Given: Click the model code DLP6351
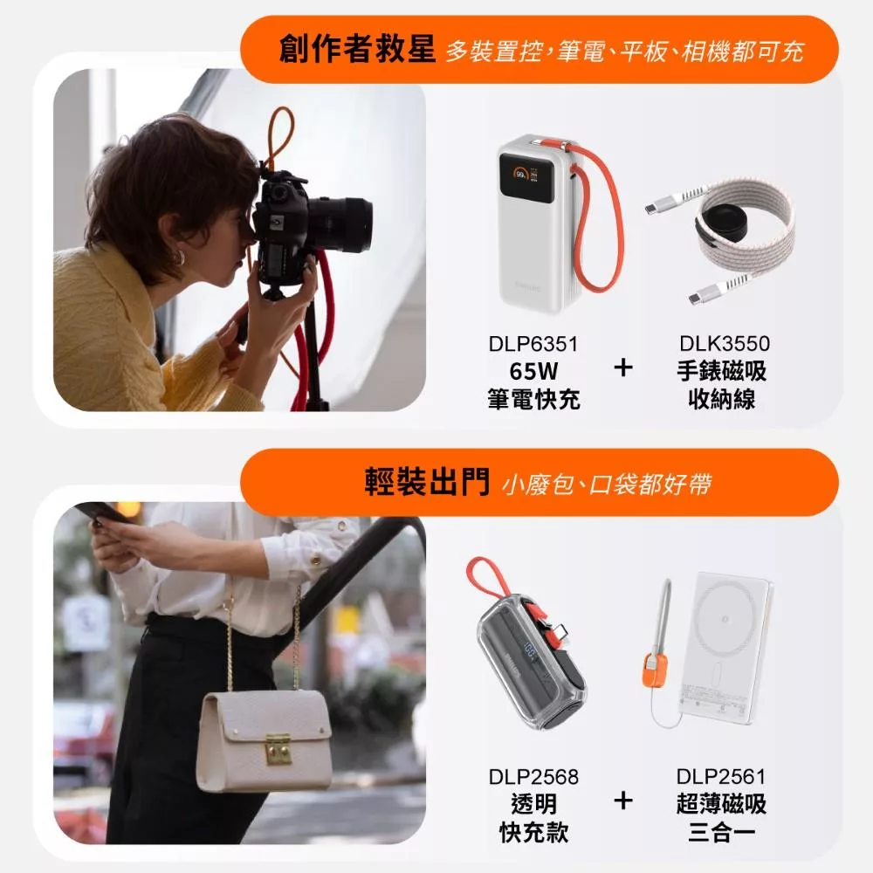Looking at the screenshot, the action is [533, 344].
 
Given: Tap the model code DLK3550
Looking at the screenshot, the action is [725, 343].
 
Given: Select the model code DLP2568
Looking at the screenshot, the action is [533, 777].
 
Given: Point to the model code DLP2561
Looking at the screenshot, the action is [721, 776].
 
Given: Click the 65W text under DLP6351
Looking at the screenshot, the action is [533, 371].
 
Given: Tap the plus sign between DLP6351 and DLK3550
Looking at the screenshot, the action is [623, 368].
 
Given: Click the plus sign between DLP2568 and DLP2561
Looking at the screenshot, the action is [623, 801].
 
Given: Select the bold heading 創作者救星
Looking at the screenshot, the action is [357, 48].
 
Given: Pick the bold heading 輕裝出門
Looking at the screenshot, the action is [427, 482].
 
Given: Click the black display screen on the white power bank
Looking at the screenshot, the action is [526, 178].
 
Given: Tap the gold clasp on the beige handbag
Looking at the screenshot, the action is [278, 749].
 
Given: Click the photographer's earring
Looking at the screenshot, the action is [178, 258].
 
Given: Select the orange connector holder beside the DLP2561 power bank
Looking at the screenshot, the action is [656, 670].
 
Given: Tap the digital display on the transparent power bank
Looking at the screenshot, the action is [530, 651].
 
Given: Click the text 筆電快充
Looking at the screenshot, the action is [533, 399].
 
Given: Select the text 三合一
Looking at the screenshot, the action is [722, 832].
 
